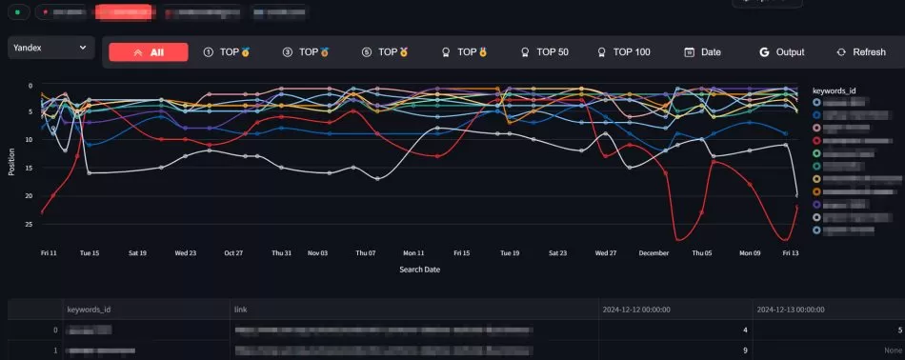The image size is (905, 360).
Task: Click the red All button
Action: coord(149,52)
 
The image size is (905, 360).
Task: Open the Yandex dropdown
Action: coord(51,47)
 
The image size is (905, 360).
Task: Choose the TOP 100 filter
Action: coord(623,52)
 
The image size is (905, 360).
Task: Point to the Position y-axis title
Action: coord(11,160)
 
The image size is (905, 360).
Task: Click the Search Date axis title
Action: coord(419,270)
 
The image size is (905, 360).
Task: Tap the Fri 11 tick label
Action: coord(50,253)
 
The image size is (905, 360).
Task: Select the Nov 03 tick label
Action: coord(317,253)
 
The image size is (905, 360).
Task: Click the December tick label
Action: coord(654,253)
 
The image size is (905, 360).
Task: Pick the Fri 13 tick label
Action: coord(791,253)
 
